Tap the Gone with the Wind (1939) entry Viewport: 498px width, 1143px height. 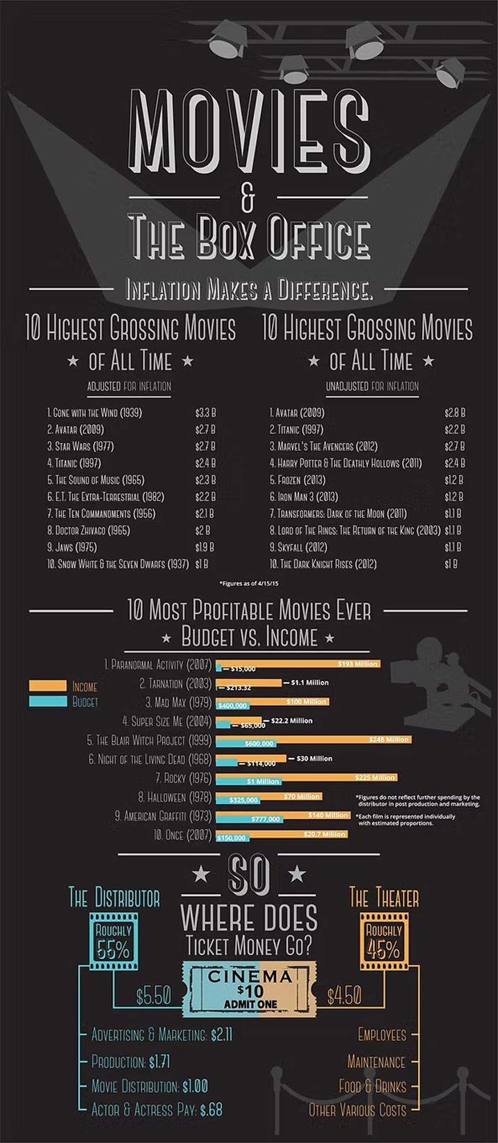[94, 413]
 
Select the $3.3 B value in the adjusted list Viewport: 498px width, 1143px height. [205, 413]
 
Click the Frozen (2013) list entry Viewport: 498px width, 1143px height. [298, 480]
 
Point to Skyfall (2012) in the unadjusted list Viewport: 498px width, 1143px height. [298, 547]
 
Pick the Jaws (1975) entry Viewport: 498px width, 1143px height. [72, 547]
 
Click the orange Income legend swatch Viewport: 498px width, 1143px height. [48, 686]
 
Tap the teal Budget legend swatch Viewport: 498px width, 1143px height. [48, 702]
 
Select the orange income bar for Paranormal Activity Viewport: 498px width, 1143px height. [299, 663]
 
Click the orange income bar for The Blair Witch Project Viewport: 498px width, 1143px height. [313, 739]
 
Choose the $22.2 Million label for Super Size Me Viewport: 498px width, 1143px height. [291, 720]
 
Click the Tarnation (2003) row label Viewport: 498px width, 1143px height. [175, 684]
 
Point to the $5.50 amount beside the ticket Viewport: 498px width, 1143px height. [154, 996]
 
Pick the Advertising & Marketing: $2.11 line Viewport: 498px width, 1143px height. [162, 1035]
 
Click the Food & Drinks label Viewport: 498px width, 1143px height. [372, 1086]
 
